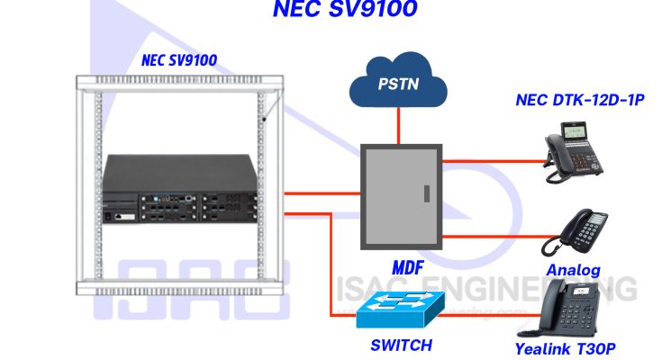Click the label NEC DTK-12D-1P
(x=580, y=100)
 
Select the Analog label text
(x=573, y=270)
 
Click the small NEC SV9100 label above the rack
(x=179, y=61)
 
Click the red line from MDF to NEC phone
(x=495, y=161)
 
